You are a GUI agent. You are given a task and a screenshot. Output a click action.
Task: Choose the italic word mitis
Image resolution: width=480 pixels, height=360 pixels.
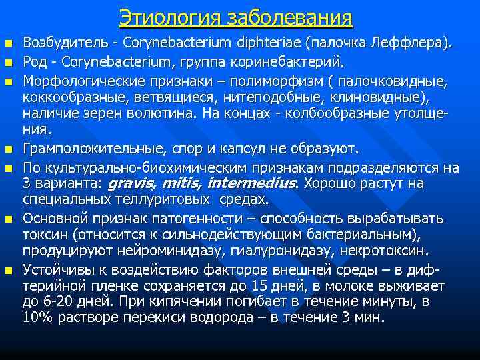pos(183,183)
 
